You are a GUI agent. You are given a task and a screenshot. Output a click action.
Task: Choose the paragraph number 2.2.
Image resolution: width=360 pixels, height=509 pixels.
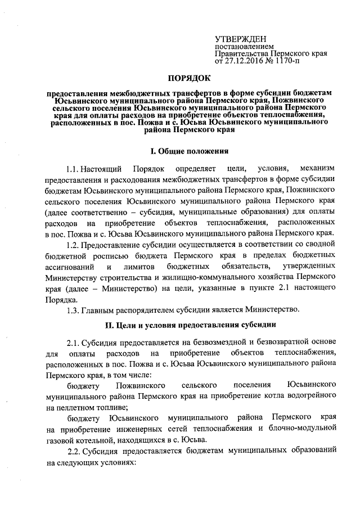click(x=74, y=451)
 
